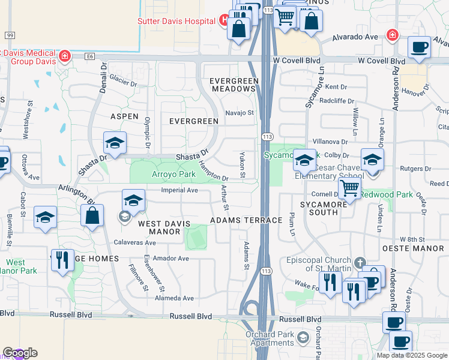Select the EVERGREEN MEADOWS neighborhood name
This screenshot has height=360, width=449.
(x=234, y=85)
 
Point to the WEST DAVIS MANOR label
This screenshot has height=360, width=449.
(x=164, y=224)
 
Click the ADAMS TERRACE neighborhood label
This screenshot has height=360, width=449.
(x=246, y=220)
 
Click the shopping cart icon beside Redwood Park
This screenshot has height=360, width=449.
(x=349, y=188)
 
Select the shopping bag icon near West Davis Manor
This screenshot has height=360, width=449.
(x=92, y=216)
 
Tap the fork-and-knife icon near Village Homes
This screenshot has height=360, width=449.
(x=62, y=260)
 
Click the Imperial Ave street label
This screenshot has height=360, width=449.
(x=179, y=190)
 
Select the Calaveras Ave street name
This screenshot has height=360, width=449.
(x=134, y=243)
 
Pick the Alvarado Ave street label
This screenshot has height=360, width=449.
(x=356, y=37)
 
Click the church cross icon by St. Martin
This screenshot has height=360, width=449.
(x=359, y=263)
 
